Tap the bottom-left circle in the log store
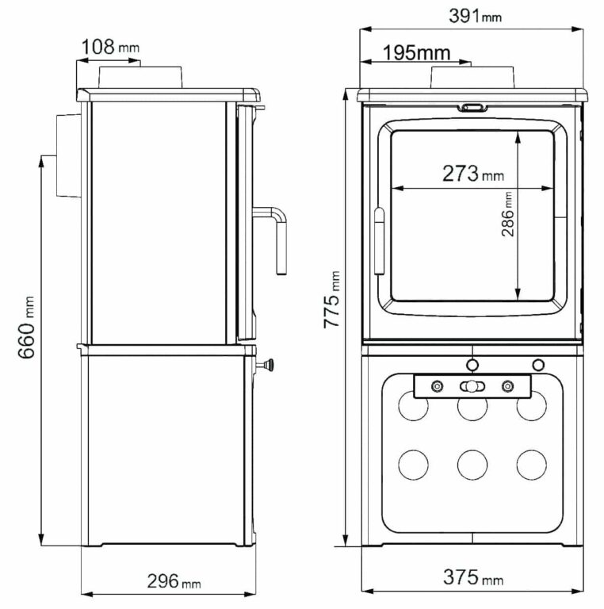412,464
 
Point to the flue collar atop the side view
142,78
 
